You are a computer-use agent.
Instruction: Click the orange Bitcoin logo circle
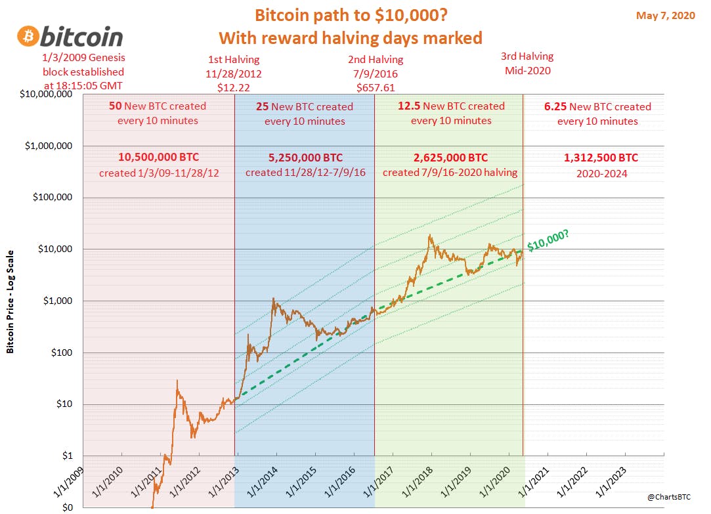click(28, 36)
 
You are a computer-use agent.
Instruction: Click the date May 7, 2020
click(665, 16)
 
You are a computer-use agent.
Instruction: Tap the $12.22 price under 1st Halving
click(234, 87)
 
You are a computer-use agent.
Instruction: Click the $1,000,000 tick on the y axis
click(49, 146)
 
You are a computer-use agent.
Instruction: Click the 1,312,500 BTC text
click(601, 158)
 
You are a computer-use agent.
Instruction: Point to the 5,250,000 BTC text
click(305, 158)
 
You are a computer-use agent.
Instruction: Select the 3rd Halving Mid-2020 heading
click(527, 63)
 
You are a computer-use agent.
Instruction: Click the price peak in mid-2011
click(177, 380)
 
